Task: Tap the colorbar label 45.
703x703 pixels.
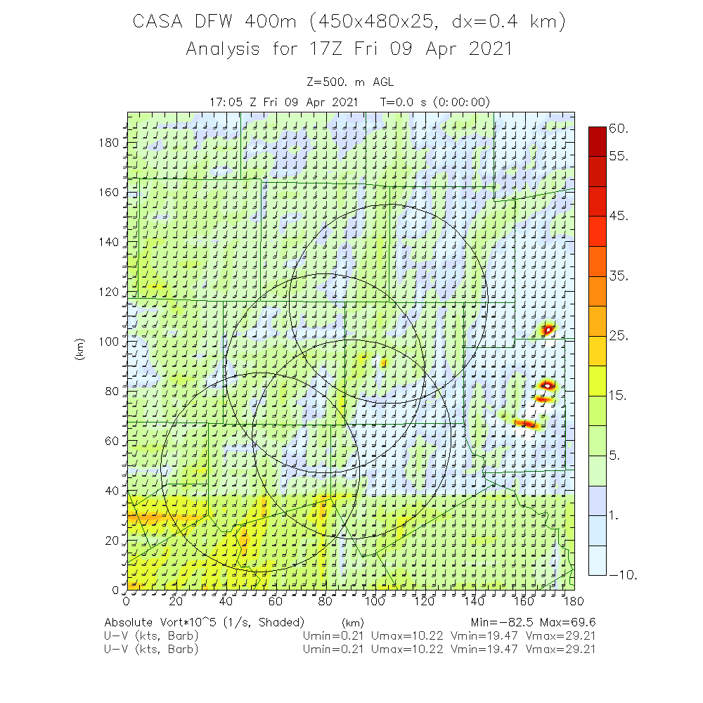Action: click(x=619, y=216)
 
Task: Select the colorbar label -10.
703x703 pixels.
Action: click(x=623, y=575)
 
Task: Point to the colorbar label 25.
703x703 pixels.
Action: click(x=619, y=336)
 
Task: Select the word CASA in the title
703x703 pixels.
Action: click(x=157, y=22)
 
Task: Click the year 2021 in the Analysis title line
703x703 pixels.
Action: click(x=485, y=49)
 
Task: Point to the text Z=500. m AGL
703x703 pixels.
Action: click(x=350, y=82)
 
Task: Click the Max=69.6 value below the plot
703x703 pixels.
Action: click(x=567, y=622)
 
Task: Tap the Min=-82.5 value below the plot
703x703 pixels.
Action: click(x=499, y=622)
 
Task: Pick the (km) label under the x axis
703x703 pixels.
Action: click(x=352, y=623)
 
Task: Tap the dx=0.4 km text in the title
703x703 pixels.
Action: click(x=500, y=22)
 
